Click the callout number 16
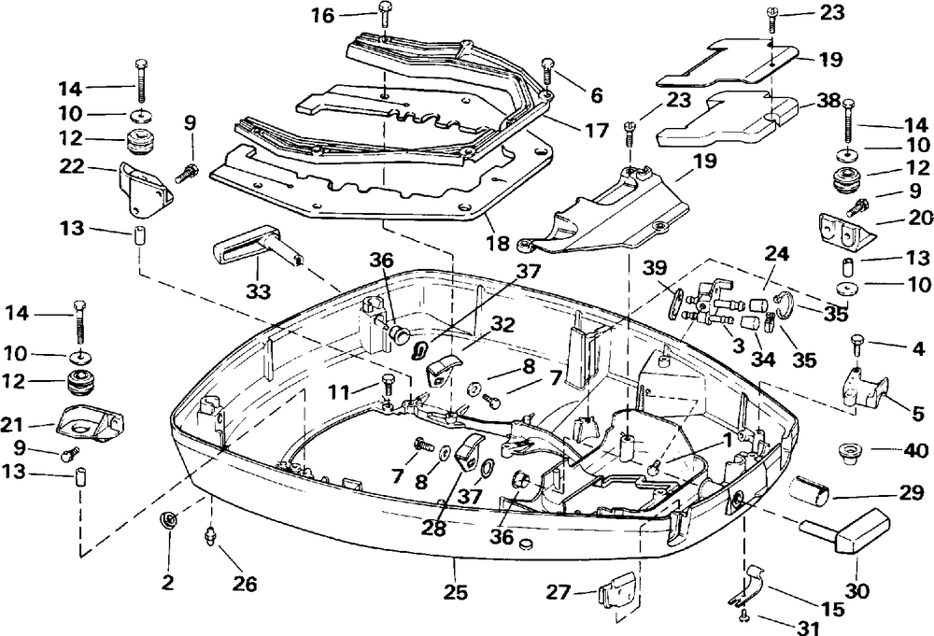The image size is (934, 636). [323, 15]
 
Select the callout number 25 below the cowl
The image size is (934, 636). [456, 592]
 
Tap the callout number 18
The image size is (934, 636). [498, 243]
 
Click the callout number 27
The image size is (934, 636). [559, 592]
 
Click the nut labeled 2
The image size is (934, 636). [167, 520]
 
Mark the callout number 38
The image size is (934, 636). [828, 101]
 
